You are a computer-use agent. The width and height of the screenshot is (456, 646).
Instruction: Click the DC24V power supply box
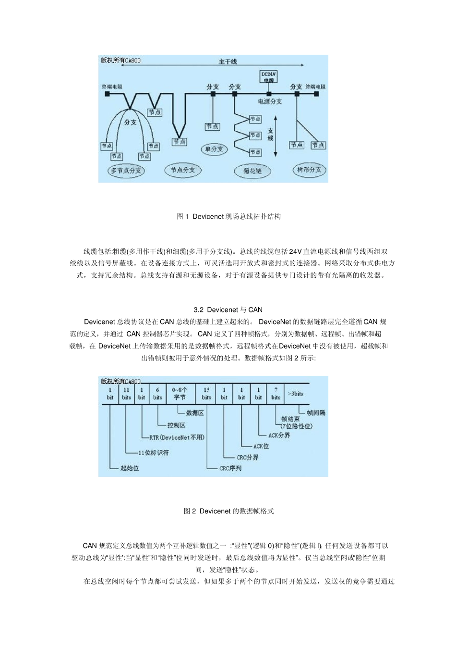point(269,77)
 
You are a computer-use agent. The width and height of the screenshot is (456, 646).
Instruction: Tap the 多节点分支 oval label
point(126,171)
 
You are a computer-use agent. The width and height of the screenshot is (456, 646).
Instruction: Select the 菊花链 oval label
point(252,171)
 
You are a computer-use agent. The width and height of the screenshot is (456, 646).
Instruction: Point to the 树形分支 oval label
point(309,170)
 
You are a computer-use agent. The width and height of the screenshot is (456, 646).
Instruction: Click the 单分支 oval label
point(214,149)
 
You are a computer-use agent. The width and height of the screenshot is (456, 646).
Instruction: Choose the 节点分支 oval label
point(183,170)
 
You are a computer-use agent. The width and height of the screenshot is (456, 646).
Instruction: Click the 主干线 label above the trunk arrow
point(228,62)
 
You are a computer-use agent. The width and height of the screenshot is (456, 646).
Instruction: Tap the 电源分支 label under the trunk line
point(270,101)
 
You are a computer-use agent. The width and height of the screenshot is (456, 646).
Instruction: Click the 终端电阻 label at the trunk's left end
point(112,87)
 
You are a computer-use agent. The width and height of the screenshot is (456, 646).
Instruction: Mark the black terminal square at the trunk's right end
point(317,94)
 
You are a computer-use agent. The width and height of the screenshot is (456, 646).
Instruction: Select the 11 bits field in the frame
point(126,394)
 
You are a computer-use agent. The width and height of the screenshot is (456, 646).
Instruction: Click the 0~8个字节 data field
point(180,394)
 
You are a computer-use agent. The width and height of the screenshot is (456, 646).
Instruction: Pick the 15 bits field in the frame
point(206,394)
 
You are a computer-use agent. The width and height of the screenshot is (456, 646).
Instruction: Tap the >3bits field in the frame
point(296,394)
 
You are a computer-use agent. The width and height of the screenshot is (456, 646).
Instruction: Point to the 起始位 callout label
point(130,468)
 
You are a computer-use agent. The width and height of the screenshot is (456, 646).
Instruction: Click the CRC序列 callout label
point(231,468)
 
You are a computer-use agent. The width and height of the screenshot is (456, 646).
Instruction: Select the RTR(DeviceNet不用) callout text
point(177,437)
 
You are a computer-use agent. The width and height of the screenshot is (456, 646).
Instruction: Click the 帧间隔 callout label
point(316,413)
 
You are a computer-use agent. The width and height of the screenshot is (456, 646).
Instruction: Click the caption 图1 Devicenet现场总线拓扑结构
point(228,217)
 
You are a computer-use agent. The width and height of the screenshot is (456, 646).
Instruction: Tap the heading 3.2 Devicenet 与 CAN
point(228,310)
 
